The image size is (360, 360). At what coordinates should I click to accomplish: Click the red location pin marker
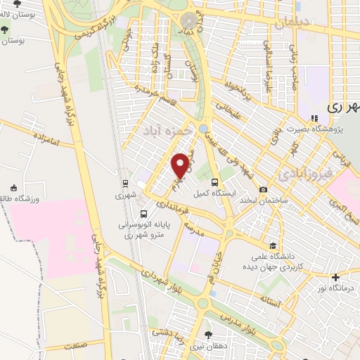point(180,165)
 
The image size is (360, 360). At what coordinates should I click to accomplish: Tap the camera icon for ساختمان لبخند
point(263,189)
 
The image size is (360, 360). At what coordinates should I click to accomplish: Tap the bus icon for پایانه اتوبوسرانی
point(143,214)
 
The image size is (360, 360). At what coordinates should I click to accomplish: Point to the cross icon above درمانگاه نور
point(336,277)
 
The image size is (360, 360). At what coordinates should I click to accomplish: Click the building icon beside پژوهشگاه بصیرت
point(314,117)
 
